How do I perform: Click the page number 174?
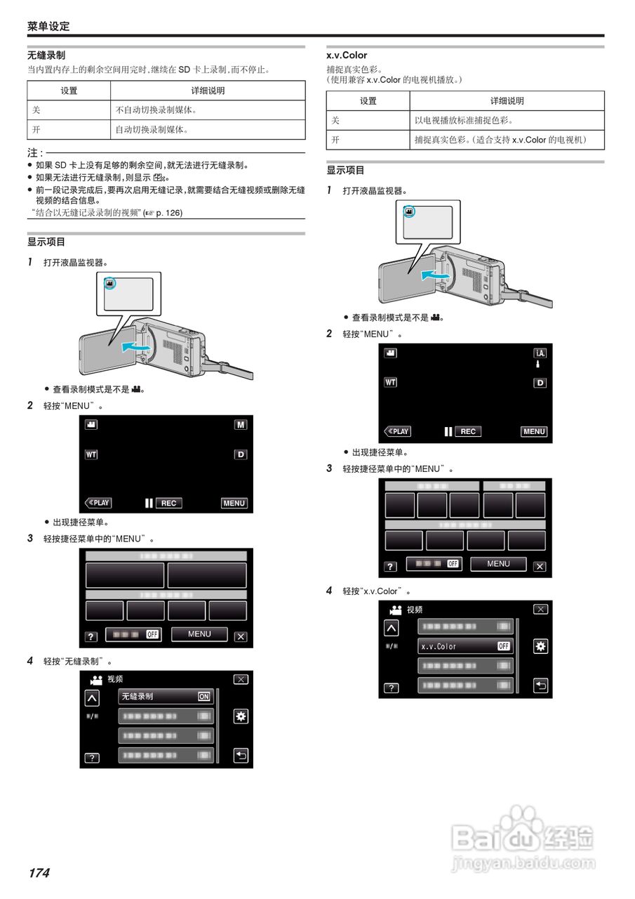click(x=39, y=873)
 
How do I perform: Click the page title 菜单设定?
click(x=48, y=27)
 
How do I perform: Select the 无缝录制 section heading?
click(x=46, y=55)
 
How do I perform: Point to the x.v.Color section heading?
click(x=347, y=55)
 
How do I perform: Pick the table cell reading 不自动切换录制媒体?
click(x=156, y=110)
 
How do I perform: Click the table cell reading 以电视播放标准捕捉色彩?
click(x=466, y=121)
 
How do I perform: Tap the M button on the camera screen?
click(x=241, y=425)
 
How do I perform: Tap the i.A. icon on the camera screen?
click(x=540, y=353)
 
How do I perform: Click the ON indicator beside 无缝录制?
click(x=203, y=697)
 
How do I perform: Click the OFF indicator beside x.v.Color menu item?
click(x=503, y=646)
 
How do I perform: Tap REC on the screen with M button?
click(x=168, y=503)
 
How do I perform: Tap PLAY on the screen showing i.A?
click(x=398, y=431)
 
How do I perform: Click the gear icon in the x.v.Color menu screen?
click(x=540, y=646)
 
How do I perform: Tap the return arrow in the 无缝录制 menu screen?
click(x=241, y=756)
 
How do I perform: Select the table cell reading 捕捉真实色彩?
click(x=499, y=140)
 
